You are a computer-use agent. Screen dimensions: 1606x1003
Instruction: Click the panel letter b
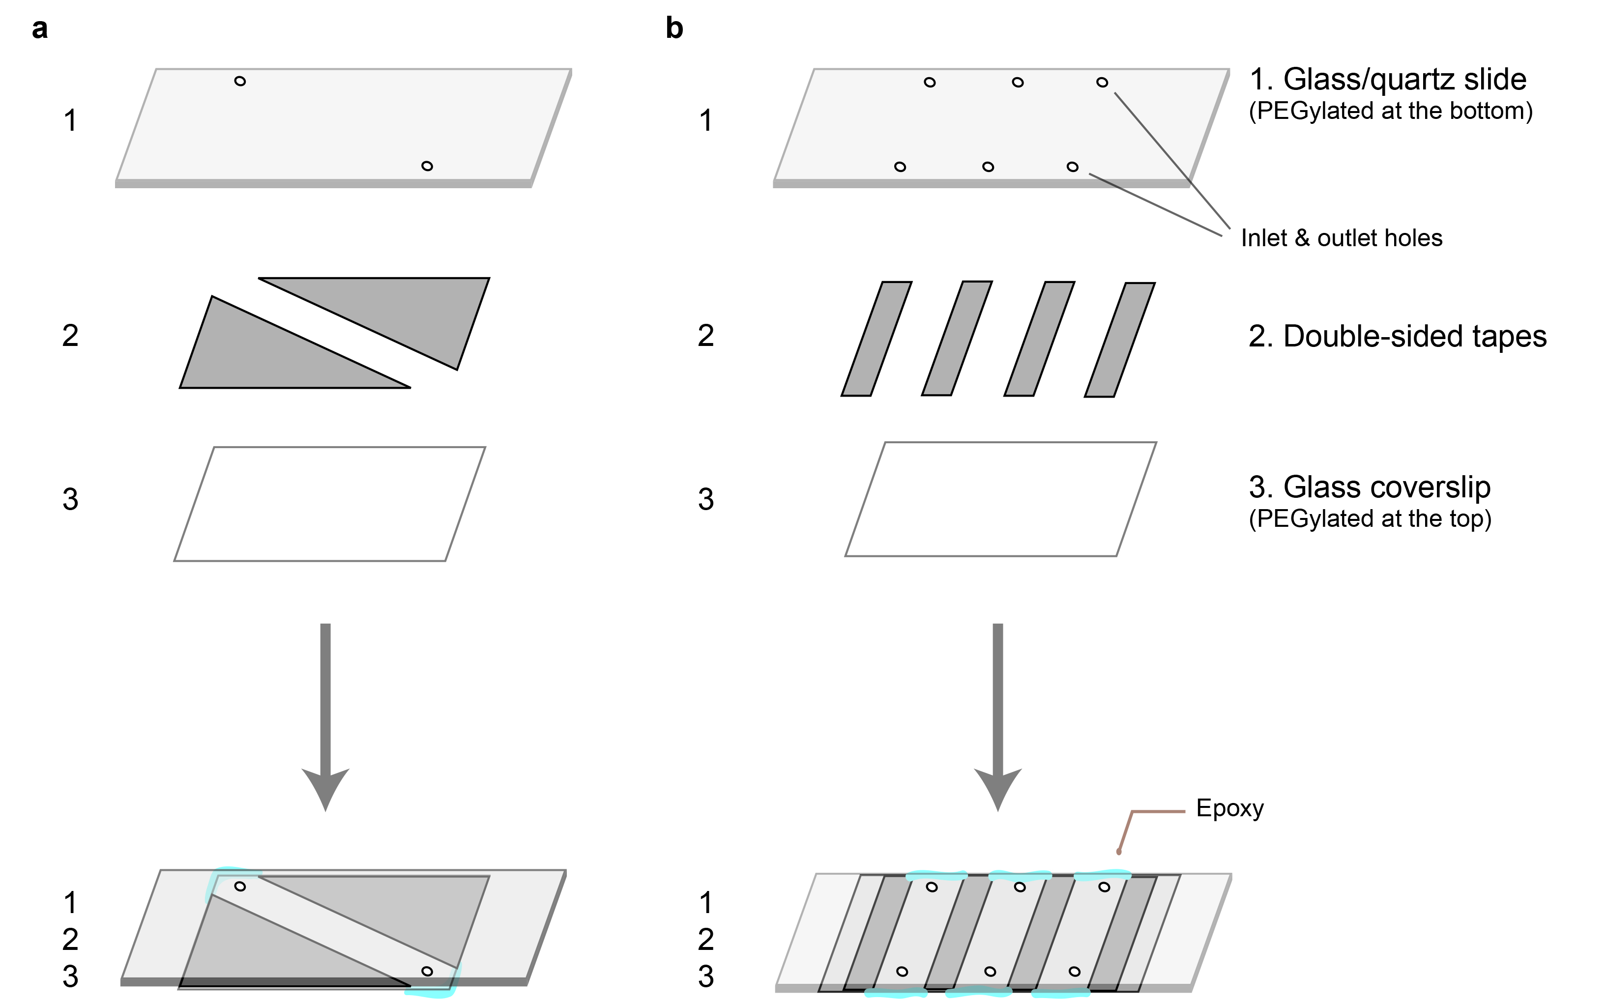pos(674,28)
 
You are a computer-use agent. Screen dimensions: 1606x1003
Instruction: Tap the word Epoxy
pos(1230,808)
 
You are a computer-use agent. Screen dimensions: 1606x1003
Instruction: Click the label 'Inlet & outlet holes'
pos(1342,237)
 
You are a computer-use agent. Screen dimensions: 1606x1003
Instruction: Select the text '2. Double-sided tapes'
pos(1397,336)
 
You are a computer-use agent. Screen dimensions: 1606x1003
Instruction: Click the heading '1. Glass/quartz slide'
pos(1388,80)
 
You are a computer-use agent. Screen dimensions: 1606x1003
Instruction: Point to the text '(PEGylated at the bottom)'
pos(1390,111)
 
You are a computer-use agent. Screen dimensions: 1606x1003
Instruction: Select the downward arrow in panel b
pos(998,716)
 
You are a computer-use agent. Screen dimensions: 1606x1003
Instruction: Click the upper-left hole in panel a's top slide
pos(240,82)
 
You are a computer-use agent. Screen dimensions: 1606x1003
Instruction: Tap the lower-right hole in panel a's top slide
pos(427,166)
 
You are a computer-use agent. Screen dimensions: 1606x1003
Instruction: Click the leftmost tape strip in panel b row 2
pos(876,339)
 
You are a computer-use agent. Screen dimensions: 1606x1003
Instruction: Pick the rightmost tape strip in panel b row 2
pos(1120,340)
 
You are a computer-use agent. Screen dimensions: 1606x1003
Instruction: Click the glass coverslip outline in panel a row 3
pos(330,447)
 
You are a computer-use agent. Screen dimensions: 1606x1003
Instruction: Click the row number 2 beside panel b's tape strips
pos(706,336)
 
